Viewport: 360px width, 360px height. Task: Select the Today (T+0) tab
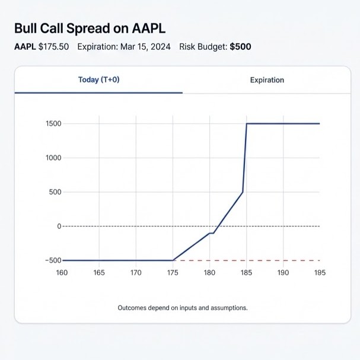(98, 80)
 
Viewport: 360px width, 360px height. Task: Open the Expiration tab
(267, 80)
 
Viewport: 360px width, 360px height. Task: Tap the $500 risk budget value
(240, 47)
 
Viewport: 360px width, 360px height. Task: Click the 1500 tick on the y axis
(53, 123)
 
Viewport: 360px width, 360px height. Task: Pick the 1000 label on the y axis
(53, 158)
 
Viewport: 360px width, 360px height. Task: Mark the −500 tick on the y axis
(52, 260)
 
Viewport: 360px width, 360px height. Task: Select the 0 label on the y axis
(59, 226)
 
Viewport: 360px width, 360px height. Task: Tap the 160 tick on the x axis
(62, 273)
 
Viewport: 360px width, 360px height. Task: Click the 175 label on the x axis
(173, 273)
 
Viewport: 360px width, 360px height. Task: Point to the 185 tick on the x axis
(246, 273)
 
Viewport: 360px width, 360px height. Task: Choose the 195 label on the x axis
(320, 273)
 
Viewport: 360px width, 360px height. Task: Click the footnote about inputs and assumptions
(183, 308)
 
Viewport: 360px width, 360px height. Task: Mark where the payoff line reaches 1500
(247, 123)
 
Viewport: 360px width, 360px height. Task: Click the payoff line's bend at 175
(173, 260)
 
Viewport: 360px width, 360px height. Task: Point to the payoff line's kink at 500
(243, 192)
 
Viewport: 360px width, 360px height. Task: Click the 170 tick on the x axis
(136, 273)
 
